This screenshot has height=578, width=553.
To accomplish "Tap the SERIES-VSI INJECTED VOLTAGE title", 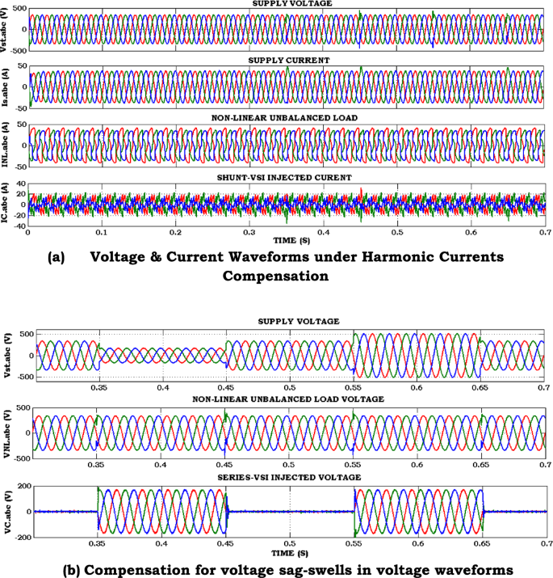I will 289,477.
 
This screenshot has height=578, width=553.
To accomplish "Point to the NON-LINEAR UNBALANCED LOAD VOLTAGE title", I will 288,399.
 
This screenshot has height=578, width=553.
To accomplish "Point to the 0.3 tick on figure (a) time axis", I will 249,232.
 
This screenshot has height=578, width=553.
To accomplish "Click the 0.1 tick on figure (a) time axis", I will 101,232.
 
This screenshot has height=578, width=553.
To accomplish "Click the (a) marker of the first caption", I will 56,257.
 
